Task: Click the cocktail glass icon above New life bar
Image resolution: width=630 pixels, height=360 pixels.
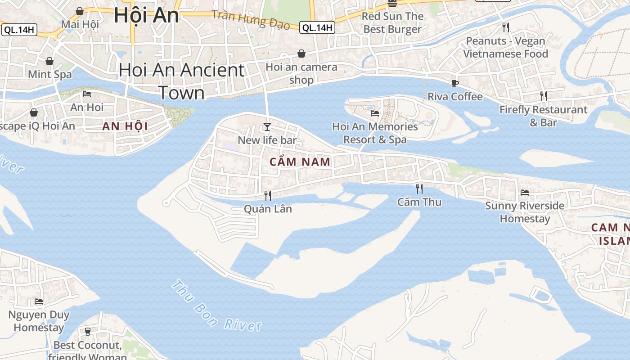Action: [267, 127]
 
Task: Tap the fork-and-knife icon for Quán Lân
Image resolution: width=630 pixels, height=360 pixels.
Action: [267, 195]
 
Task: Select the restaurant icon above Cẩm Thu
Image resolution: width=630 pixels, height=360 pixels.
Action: [419, 189]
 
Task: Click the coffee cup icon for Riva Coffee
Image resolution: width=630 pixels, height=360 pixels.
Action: [455, 83]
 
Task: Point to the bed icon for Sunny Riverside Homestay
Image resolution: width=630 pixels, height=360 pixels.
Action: [524, 193]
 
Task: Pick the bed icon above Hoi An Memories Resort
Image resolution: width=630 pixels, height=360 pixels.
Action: [375, 113]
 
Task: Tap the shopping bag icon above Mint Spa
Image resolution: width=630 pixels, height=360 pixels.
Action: [49, 61]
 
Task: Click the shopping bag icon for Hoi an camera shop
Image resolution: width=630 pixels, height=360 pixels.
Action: [301, 54]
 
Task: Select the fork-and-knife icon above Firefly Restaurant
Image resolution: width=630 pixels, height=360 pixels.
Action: [544, 96]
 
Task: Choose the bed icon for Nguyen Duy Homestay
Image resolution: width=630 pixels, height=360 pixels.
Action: [39, 301]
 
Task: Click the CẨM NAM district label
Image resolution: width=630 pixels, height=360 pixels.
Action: [300, 162]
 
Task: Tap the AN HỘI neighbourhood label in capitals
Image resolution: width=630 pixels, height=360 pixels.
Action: [125, 126]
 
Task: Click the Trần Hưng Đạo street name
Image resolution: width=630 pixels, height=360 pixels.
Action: [251, 19]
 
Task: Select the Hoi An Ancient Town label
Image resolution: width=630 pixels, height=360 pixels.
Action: [182, 81]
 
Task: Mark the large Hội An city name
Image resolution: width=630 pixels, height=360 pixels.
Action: [146, 15]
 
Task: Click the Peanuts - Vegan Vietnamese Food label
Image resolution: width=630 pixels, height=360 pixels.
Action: [505, 47]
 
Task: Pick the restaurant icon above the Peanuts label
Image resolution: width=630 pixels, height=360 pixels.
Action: [506, 27]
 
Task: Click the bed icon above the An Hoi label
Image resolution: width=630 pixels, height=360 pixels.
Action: [87, 94]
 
